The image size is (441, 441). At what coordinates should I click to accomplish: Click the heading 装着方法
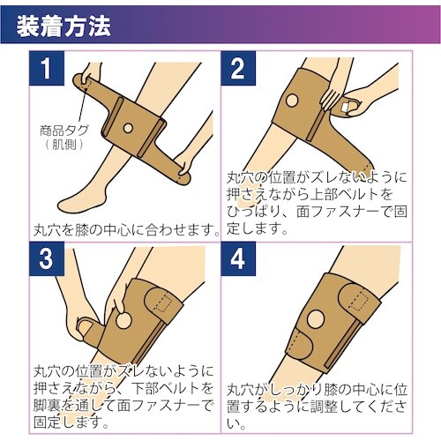click(x=64, y=26)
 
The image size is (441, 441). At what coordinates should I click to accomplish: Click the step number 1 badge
click(x=47, y=68)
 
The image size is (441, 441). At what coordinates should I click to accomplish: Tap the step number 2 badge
click(x=238, y=68)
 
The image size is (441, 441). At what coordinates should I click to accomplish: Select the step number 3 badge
click(x=47, y=259)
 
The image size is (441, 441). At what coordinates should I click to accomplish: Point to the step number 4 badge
click(x=238, y=259)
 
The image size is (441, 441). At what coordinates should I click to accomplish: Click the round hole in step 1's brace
click(x=128, y=128)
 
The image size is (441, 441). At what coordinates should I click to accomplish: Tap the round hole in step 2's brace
click(x=292, y=101)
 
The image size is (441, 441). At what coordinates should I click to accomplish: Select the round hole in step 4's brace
click(x=315, y=318)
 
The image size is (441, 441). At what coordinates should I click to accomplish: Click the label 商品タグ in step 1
click(x=64, y=131)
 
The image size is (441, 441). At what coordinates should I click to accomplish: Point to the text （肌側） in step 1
click(x=64, y=145)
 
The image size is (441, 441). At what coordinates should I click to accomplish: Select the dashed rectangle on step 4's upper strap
click(x=362, y=300)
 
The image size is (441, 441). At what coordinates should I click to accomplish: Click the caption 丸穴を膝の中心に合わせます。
click(x=126, y=229)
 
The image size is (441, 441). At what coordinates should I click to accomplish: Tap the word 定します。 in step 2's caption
click(x=257, y=228)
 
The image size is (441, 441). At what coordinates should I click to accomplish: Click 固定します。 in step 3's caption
click(x=71, y=422)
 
